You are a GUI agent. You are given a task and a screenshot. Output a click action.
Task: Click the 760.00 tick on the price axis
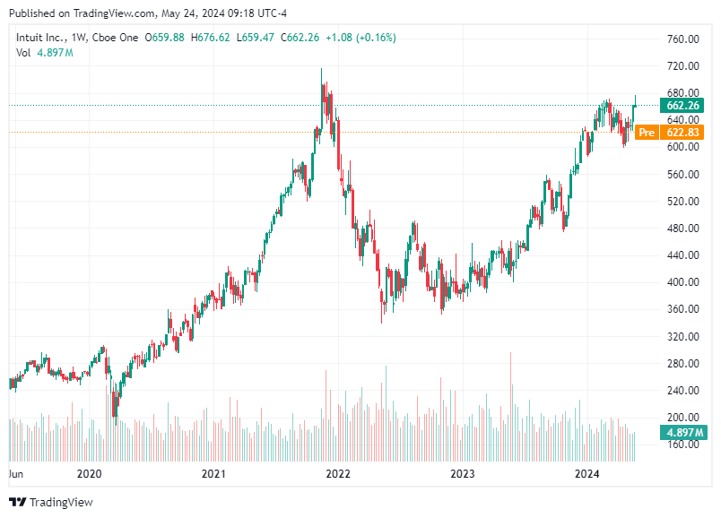click(x=682, y=39)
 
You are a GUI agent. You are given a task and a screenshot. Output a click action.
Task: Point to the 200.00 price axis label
click(x=682, y=418)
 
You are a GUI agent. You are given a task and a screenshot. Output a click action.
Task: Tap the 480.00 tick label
click(x=682, y=229)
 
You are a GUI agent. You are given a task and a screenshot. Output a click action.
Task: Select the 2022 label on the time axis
click(x=337, y=474)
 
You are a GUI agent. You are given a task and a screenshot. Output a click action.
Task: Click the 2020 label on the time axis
click(x=89, y=474)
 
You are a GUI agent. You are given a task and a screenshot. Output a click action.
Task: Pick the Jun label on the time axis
click(x=15, y=474)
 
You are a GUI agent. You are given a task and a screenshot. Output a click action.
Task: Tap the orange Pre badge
click(x=647, y=133)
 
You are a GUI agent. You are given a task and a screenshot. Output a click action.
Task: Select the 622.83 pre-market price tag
click(x=683, y=133)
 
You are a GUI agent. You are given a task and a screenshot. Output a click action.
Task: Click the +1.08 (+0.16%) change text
click(x=359, y=38)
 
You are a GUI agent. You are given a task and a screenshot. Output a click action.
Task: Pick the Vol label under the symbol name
click(x=24, y=53)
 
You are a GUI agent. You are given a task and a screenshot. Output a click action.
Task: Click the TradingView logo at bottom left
click(x=51, y=503)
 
